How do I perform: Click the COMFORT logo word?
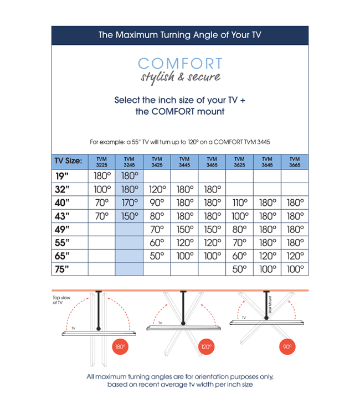click(180, 64)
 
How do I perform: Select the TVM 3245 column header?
click(129, 162)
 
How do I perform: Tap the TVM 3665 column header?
click(295, 162)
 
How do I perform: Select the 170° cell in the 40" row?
click(129, 203)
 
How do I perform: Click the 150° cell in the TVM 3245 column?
click(129, 216)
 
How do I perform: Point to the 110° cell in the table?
click(239, 203)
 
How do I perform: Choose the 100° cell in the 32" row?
click(101, 189)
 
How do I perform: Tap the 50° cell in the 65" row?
click(157, 256)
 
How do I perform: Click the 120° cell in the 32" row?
click(157, 189)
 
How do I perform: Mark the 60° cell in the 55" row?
click(157, 242)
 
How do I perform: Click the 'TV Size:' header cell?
click(69, 162)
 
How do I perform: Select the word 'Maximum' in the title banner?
click(138, 35)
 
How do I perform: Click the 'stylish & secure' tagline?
click(180, 77)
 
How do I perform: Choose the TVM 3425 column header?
click(157, 162)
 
